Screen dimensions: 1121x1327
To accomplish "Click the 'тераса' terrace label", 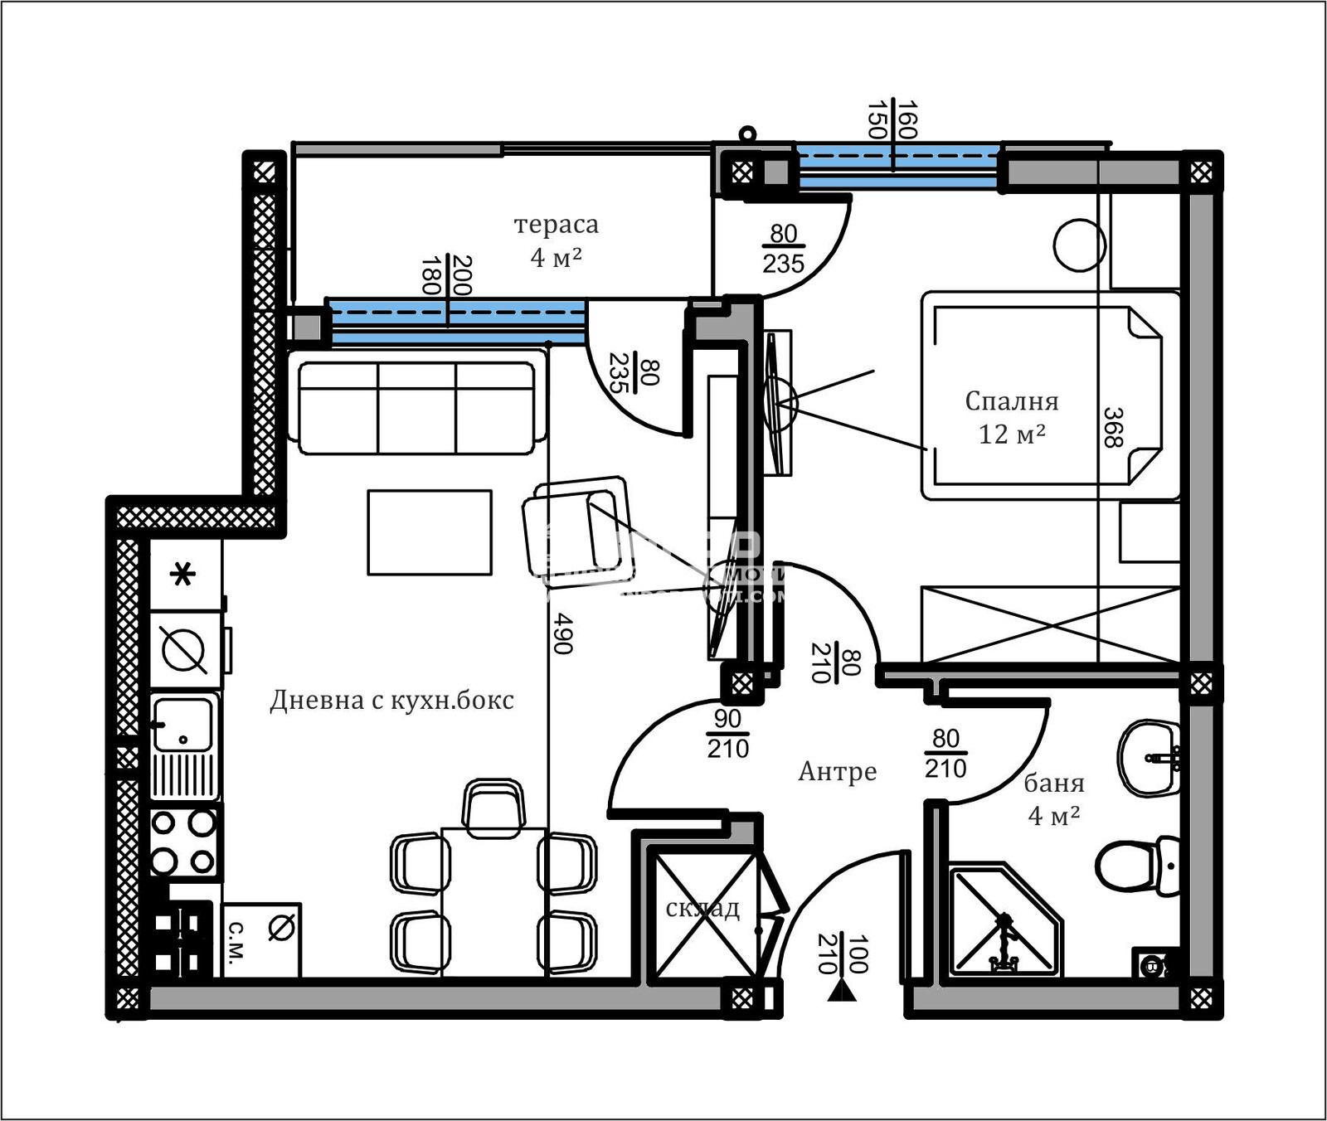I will [x=556, y=225].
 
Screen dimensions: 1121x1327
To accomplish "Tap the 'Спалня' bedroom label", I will [x=1011, y=401].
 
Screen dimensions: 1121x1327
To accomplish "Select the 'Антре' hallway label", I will [x=837, y=771].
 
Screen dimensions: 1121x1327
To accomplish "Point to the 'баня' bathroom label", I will [x=1053, y=783].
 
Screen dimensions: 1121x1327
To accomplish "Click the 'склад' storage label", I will [x=702, y=909].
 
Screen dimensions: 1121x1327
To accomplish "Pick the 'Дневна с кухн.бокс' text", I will [x=391, y=701].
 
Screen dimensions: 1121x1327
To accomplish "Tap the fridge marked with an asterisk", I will [x=184, y=575].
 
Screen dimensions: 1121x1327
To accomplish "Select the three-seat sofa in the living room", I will [x=416, y=407].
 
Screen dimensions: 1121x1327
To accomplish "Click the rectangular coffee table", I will [x=430, y=532].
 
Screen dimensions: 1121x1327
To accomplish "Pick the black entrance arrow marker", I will [x=842, y=991].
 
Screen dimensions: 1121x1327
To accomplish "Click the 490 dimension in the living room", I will [x=563, y=633].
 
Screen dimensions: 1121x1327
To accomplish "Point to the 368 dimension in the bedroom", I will [x=1114, y=427].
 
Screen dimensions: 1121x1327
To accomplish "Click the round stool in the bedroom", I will [x=1079, y=245].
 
